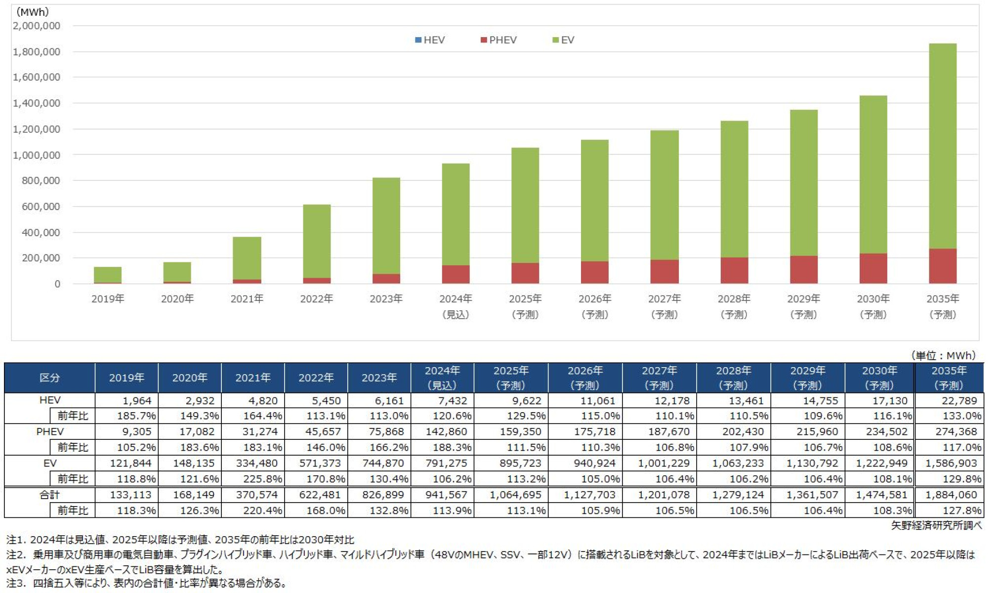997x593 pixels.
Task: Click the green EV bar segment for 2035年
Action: pos(942,146)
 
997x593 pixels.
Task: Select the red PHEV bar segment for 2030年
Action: pos(872,268)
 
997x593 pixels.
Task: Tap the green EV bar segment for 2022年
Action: pos(317,241)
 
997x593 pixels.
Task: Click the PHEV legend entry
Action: pos(498,40)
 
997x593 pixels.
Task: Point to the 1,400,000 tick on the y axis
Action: pos(37,103)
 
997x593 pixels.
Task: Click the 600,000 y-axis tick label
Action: pos(41,207)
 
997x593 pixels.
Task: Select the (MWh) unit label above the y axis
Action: pos(33,12)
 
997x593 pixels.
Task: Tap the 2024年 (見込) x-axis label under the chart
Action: pos(456,306)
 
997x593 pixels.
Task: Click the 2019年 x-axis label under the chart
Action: pos(108,299)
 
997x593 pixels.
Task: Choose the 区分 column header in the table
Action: pos(49,378)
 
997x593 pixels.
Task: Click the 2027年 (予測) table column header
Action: pos(659,378)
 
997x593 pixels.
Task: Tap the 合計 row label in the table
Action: pos(49,495)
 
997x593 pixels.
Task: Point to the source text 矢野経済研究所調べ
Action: pos(936,526)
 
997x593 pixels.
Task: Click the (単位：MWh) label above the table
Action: pos(943,355)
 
